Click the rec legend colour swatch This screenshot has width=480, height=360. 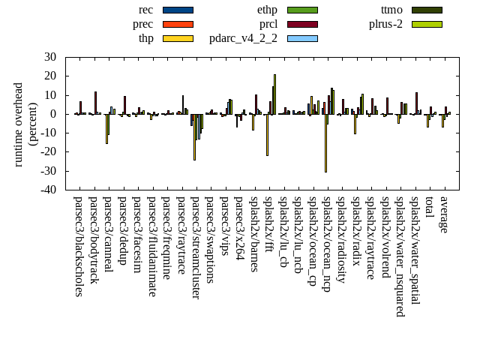click(178, 10)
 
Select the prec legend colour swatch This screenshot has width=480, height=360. click(178, 24)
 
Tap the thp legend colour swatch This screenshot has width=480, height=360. click(178, 38)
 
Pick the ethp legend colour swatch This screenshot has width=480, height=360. click(302, 10)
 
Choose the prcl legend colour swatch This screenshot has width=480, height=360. click(302, 24)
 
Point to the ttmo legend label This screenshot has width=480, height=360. click(391, 10)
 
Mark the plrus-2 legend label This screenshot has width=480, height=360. click(385, 24)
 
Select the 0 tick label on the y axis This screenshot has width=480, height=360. click(53, 114)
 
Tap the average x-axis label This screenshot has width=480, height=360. click(444, 214)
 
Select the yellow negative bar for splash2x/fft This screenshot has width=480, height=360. click(267, 135)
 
